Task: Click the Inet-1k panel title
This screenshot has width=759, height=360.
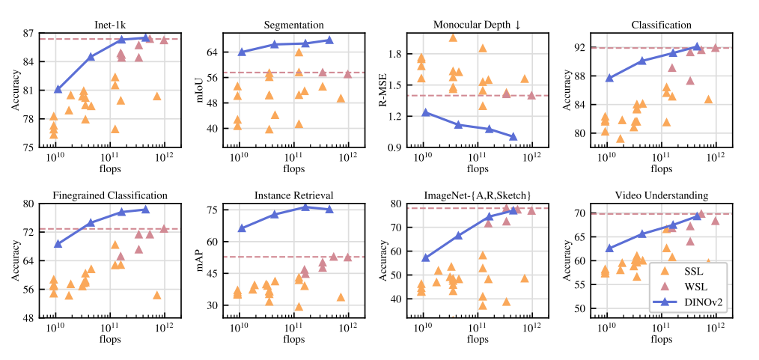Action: click(110, 25)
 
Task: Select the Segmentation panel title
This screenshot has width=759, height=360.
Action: click(293, 25)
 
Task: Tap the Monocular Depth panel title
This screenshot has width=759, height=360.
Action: click(477, 25)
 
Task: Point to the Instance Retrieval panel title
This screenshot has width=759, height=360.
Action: click(293, 195)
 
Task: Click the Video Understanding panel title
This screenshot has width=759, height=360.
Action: click(661, 195)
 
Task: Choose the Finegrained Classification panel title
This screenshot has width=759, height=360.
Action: click(110, 195)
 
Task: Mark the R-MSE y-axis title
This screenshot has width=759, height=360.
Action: click(382, 90)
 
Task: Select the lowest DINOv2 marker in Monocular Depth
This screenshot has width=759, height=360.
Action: click(513, 136)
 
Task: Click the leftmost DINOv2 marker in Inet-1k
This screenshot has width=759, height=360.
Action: click(58, 89)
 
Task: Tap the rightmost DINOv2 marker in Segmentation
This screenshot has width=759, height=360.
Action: click(329, 40)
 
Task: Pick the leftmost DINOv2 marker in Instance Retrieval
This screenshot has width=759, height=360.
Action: click(242, 228)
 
